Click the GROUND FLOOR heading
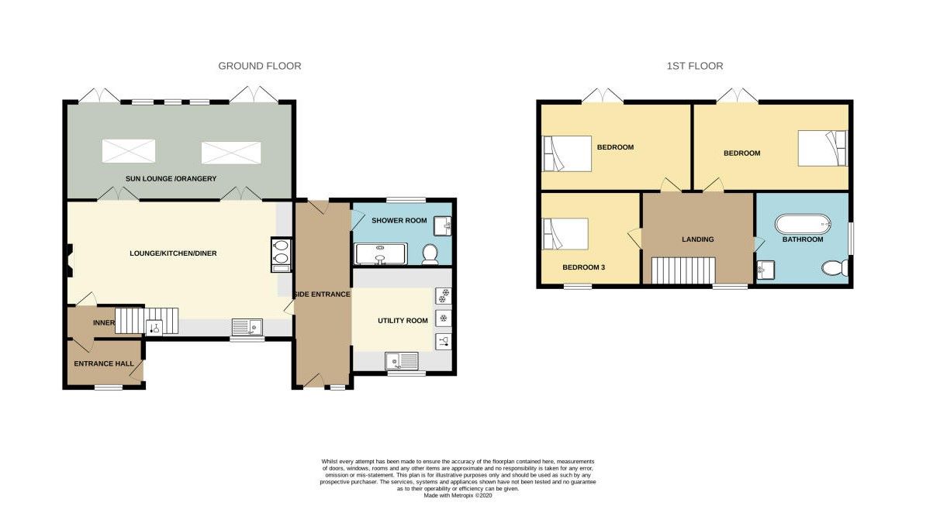click(x=260, y=66)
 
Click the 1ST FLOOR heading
click(x=695, y=66)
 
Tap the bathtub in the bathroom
click(x=803, y=224)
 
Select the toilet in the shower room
click(x=430, y=254)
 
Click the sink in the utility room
click(x=402, y=361)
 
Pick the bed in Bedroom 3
click(x=565, y=233)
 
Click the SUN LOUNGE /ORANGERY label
click(x=171, y=179)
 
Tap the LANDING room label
click(x=697, y=239)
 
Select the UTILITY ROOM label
click(x=403, y=321)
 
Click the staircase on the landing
click(x=683, y=270)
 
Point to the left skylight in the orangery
click(x=129, y=151)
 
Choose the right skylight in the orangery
click(x=231, y=153)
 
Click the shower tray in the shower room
click(x=381, y=254)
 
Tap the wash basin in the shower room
click(x=443, y=226)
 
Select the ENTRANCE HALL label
click(x=104, y=363)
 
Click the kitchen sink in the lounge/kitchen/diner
click(x=247, y=327)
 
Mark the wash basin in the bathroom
click(x=766, y=270)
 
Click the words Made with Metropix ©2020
click(x=458, y=495)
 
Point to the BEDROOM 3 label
click(x=583, y=267)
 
